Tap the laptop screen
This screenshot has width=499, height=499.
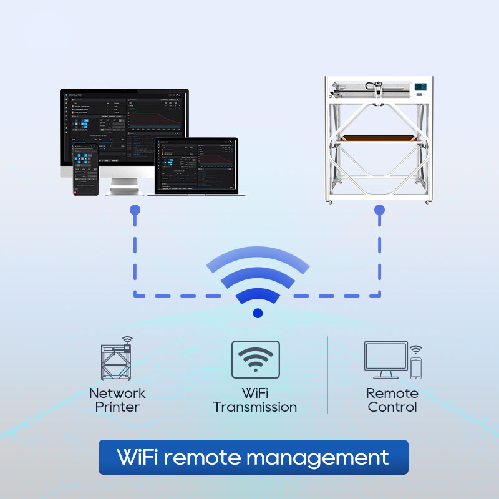196,165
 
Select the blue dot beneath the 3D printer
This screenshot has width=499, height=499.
379,210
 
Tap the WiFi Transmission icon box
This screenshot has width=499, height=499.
256,359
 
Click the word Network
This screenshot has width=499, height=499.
117,394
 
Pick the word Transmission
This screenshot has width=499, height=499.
255,407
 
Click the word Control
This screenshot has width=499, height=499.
393,407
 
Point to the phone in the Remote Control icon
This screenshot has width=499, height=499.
415,367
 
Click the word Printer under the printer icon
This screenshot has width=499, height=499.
117,407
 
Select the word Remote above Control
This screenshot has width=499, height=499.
392,394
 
